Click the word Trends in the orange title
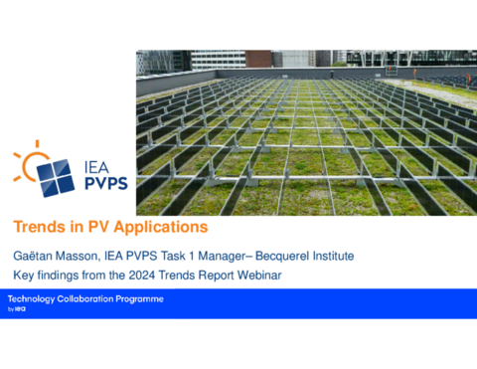click(40, 227)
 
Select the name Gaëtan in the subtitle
click(33, 256)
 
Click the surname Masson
click(78, 257)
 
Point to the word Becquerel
click(282, 257)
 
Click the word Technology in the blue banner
click(31, 299)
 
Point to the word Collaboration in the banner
click(85, 299)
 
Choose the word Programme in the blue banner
click(139, 299)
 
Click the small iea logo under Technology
click(20, 309)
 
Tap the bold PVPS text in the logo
click(106, 183)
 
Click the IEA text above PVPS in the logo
click(96, 168)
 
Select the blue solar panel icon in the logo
click(56, 178)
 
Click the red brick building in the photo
click(258, 59)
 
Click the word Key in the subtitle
click(24, 276)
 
